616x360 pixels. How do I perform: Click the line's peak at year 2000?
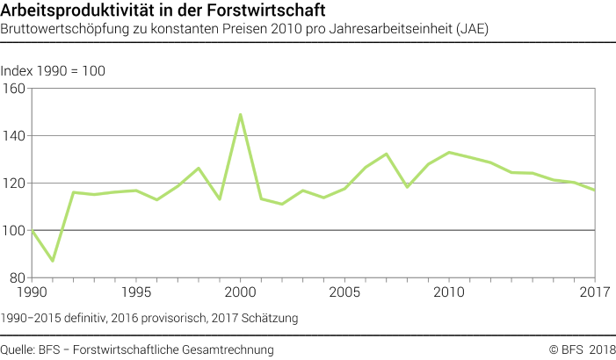pyautogui.click(x=240, y=114)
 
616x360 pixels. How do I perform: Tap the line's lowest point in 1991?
pyautogui.click(x=52, y=261)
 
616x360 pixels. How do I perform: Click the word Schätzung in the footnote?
pyautogui.click(x=271, y=315)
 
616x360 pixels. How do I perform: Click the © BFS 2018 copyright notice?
pyautogui.click(x=583, y=349)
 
